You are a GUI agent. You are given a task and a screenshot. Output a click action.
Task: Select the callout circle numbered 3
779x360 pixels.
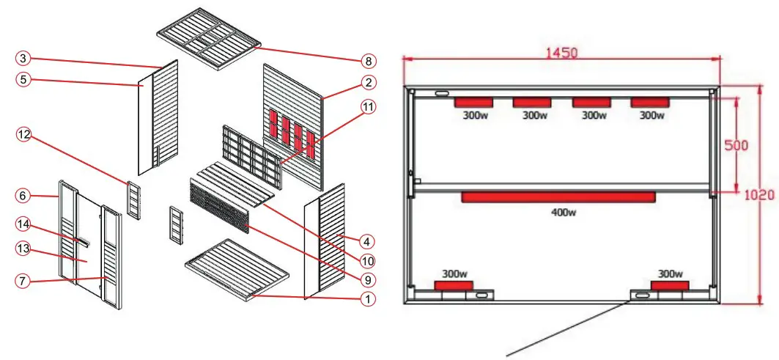click(x=23, y=58)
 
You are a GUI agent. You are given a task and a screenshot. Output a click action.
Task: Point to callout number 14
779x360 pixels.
click(x=23, y=223)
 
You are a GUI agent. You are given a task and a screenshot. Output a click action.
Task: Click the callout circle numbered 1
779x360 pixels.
click(x=368, y=299)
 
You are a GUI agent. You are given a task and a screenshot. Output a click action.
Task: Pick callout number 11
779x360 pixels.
click(x=368, y=106)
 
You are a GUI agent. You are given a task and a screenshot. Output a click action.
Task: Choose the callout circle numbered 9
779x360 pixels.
click(x=368, y=279)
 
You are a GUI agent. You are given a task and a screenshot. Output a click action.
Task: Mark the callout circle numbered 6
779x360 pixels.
click(x=23, y=196)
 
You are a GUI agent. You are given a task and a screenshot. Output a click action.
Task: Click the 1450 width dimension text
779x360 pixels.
click(x=561, y=53)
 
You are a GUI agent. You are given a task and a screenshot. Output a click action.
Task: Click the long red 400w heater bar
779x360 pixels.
click(x=558, y=196)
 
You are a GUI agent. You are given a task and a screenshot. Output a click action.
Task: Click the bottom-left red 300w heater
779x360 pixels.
click(x=454, y=285)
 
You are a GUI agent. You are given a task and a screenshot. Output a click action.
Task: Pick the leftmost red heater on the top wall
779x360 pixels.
click(x=472, y=102)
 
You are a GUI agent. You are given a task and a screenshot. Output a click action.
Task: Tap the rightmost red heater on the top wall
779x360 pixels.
click(x=650, y=102)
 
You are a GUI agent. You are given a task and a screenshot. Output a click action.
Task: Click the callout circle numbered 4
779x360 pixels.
click(x=368, y=240)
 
